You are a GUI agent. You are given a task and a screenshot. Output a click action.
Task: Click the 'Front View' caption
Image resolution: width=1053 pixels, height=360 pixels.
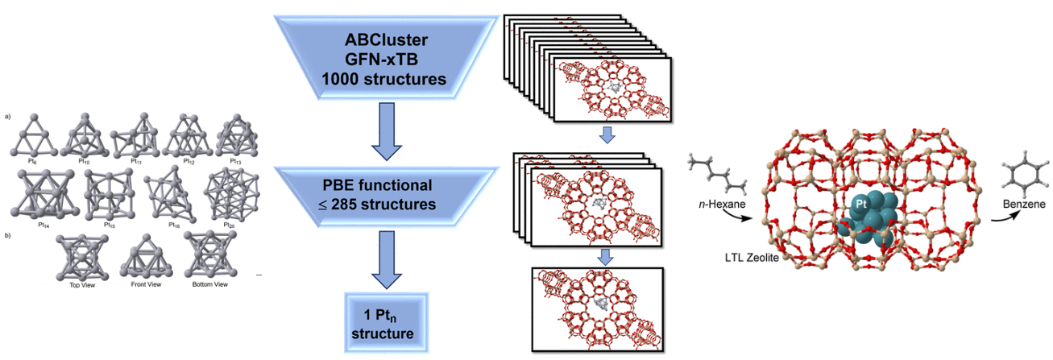[142, 284]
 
